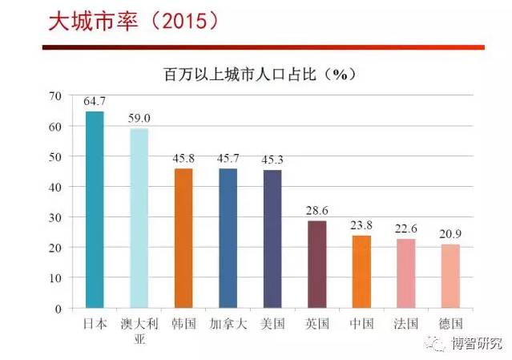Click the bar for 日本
point(95,209)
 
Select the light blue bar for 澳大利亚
point(139,218)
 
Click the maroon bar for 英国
point(317,265)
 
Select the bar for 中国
point(361,272)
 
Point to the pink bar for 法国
point(406,273)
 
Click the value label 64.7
point(95,103)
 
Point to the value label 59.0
point(139,119)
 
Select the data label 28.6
point(317,211)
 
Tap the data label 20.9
point(450,235)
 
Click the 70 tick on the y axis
point(55,96)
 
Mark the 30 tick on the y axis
point(55,217)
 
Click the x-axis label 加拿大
point(228,324)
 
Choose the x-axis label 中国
point(361,324)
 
